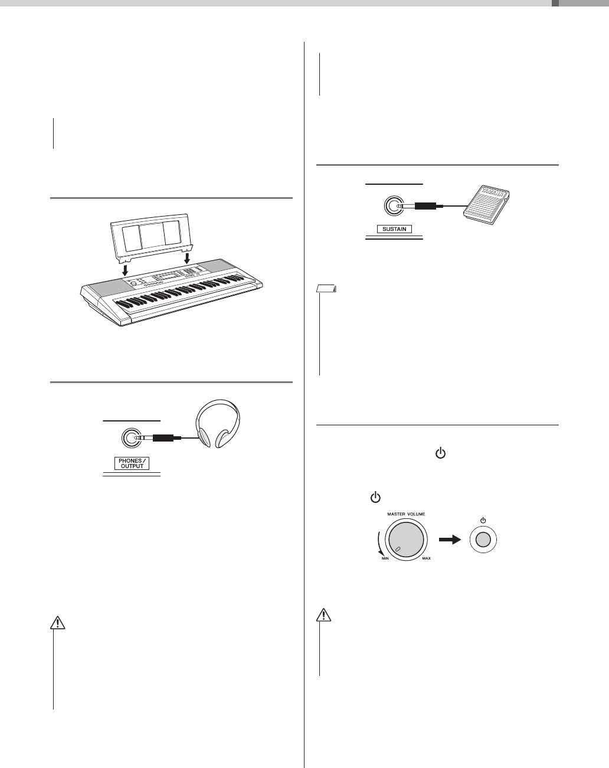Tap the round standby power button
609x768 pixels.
(483, 540)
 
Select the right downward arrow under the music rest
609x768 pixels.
(188, 259)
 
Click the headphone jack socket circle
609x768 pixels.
(130, 438)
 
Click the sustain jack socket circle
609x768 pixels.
(394, 207)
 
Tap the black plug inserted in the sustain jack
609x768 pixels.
(425, 207)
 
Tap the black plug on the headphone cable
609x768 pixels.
(163, 438)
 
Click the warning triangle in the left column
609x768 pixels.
(54, 623)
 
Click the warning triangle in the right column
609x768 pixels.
(322, 615)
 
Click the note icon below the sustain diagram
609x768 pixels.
(326, 289)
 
